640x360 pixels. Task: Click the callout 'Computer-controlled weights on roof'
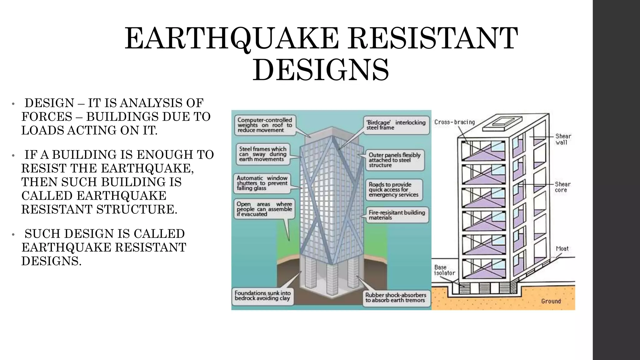click(x=265, y=125)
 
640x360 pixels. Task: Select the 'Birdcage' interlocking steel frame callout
click(x=396, y=125)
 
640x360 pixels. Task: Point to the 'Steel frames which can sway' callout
click(x=263, y=154)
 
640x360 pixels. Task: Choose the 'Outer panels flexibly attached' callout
click(x=394, y=160)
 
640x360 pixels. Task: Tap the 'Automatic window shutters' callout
click(x=262, y=183)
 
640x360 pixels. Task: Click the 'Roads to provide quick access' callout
click(x=393, y=190)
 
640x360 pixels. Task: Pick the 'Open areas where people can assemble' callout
click(x=264, y=209)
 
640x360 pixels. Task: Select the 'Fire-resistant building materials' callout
click(x=397, y=215)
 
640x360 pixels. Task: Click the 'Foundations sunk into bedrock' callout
click(x=262, y=296)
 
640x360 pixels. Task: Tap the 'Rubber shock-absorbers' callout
click(x=396, y=297)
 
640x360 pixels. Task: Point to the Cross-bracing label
click(x=454, y=122)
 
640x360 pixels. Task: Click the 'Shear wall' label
click(x=563, y=139)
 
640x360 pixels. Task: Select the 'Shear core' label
click(x=562, y=187)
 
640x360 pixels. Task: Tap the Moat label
click(x=562, y=249)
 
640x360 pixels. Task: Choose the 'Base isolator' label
click(x=444, y=270)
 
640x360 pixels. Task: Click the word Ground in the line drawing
click(x=551, y=301)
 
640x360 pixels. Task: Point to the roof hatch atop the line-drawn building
click(x=502, y=122)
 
